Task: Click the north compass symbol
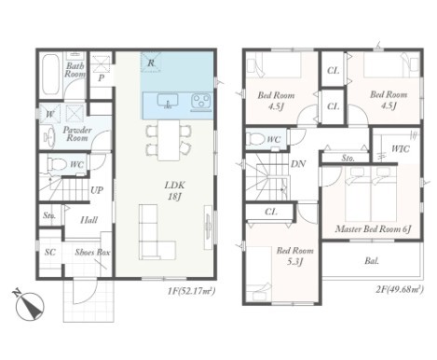pyautogui.click(x=30, y=305)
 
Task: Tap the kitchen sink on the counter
pyautogui.click(x=168, y=101)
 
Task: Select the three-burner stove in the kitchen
pyautogui.click(x=200, y=101)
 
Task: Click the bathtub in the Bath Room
pyautogui.click(x=50, y=75)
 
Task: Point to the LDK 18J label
pyautogui.click(x=174, y=191)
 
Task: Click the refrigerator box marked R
pyautogui.click(x=151, y=62)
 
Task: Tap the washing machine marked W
pyautogui.click(x=49, y=114)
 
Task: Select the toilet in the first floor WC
pyautogui.click(x=57, y=164)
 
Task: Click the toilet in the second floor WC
pyautogui.click(x=255, y=139)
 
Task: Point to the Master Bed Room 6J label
pyautogui.click(x=374, y=229)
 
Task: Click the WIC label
pyautogui.click(x=400, y=149)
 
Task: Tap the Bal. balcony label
pyautogui.click(x=372, y=261)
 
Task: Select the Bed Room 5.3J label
pyautogui.click(x=294, y=256)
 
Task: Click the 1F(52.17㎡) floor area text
pyautogui.click(x=191, y=291)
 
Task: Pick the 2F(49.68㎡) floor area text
pyautogui.click(x=400, y=289)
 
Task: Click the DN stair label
pyautogui.click(x=298, y=164)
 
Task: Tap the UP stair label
pyautogui.click(x=97, y=190)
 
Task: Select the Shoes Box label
pyautogui.click(x=92, y=253)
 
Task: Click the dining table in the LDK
pyautogui.click(x=169, y=140)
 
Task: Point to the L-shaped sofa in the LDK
pyautogui.click(x=157, y=232)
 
